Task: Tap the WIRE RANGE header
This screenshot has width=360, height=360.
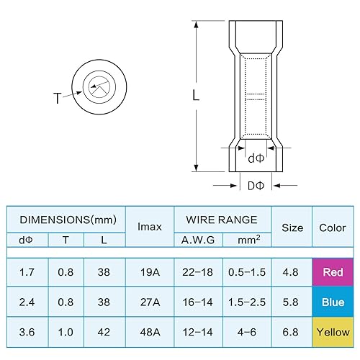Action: pos(222,219)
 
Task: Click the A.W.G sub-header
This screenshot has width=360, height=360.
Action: pos(198,240)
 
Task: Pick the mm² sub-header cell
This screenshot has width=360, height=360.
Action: pos(247,240)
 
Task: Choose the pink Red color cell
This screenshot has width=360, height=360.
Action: pos(332,273)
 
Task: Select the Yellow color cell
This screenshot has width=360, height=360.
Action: pos(332,333)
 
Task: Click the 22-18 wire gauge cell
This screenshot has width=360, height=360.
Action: pos(198,273)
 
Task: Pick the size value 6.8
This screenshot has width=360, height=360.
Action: pos(292,333)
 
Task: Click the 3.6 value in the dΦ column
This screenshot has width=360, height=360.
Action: pos(27,333)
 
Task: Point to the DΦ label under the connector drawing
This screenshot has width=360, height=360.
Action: pos(256,186)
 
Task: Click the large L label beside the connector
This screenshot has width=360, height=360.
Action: pos(196,94)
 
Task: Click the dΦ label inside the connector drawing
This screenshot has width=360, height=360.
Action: pos(256,158)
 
